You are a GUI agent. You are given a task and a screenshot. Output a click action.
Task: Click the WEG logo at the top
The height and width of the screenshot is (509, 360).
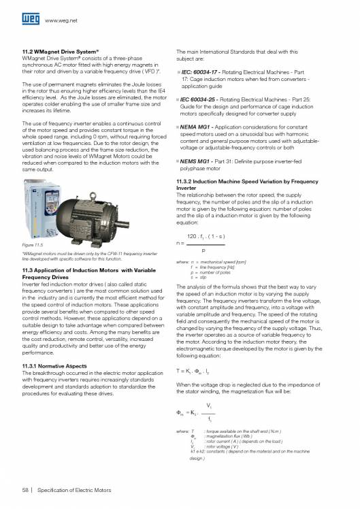click(29, 20)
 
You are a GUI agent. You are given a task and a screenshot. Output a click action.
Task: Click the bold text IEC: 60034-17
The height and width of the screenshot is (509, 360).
click(201, 71)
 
